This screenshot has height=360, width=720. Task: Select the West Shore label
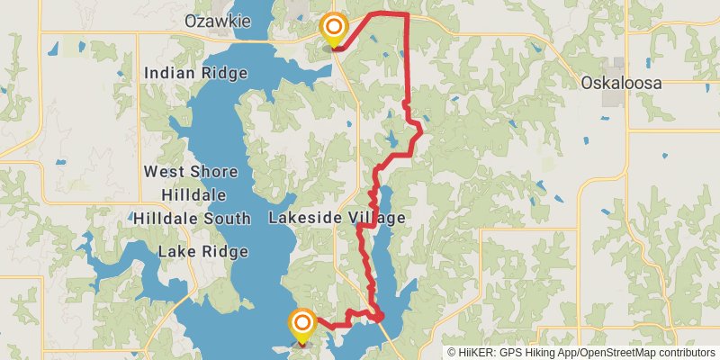pyautogui.click(x=190, y=171)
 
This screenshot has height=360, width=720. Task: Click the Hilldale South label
pyautogui.click(x=193, y=218)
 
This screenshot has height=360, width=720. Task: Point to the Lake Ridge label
pyautogui.click(x=202, y=252)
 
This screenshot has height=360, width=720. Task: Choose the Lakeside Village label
pyautogui.click(x=337, y=218)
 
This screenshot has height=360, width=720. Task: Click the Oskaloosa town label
pyautogui.click(x=620, y=83)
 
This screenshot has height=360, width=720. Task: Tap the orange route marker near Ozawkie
pyautogui.click(x=335, y=29)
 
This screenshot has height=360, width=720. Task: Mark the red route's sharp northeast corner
pyautogui.click(x=407, y=14)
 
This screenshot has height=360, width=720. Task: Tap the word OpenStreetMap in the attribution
pyautogui.click(x=613, y=352)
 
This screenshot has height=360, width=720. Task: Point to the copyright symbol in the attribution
pyautogui.click(x=452, y=352)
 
